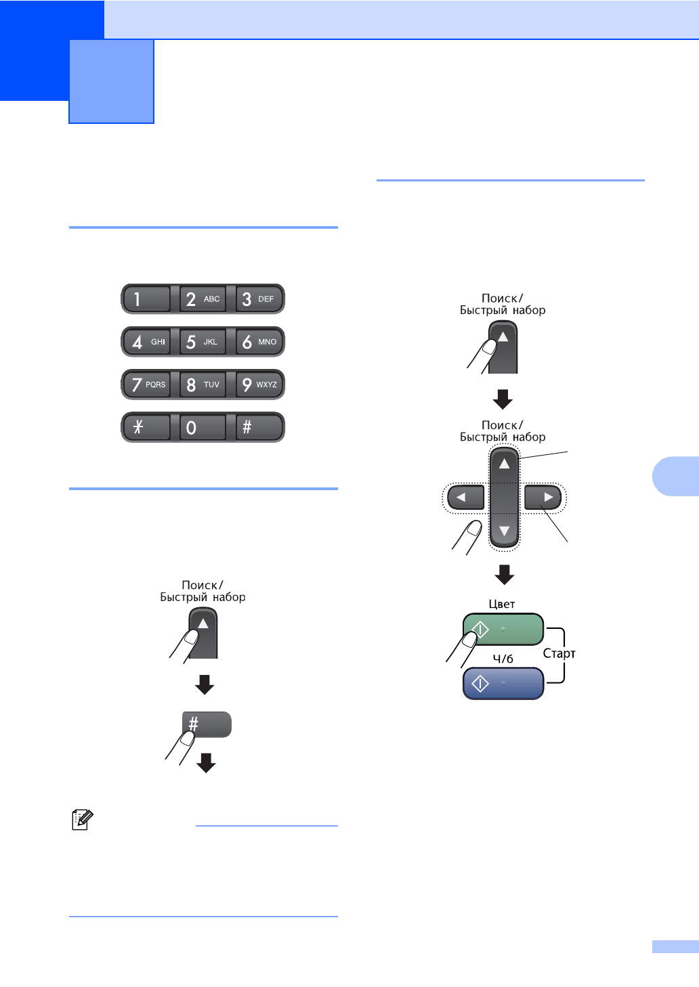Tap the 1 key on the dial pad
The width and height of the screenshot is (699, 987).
pos(146,299)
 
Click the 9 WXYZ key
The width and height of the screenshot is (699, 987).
pos(259,385)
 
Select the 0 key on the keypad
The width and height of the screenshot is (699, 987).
pos(203,427)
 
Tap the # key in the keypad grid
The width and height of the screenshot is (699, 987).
pos(259,427)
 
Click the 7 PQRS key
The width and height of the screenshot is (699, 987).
pos(146,385)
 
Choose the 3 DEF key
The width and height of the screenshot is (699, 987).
pos(259,299)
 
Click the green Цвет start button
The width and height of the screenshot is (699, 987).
pos(503,630)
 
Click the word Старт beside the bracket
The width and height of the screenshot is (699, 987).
pos(559,653)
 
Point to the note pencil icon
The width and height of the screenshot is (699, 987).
pos(82,820)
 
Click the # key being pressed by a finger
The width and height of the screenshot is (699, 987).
pos(207,724)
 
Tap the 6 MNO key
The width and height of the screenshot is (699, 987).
pos(259,342)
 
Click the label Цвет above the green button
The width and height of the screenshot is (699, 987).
pos(502,604)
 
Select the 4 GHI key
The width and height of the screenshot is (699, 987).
pos(146,342)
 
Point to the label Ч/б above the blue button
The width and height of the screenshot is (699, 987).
pos(503,659)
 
